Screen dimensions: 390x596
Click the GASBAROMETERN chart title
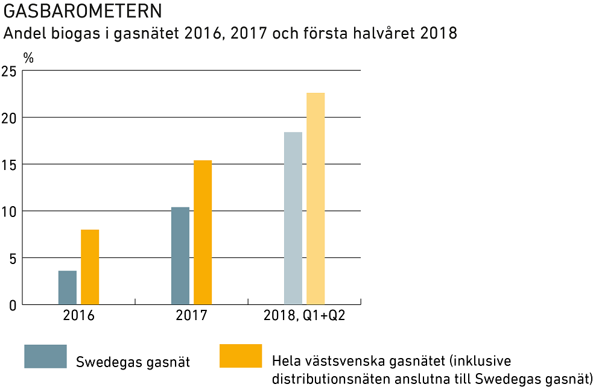tap(83, 11)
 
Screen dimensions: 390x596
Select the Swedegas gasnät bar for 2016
tap(68, 288)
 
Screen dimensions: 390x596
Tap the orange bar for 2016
tap(90, 267)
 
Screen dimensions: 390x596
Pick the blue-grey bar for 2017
tap(180, 256)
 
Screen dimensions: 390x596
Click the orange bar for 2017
tap(203, 232)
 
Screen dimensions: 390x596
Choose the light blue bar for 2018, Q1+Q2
tap(293, 218)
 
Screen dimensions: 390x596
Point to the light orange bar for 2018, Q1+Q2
tap(315, 198)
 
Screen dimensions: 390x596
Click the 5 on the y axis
tap(12, 258)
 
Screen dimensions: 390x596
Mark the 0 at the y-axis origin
tap(12, 305)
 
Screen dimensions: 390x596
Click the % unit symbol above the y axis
tap(28, 58)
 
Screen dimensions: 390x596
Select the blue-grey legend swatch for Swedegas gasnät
tap(45, 356)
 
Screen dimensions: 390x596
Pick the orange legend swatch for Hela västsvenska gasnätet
tap(241, 356)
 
